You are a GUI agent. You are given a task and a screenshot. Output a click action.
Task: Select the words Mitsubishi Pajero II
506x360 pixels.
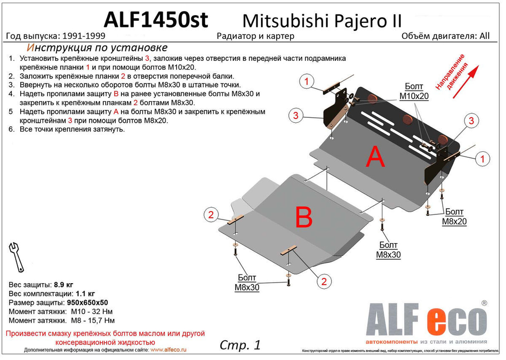pos(322,20)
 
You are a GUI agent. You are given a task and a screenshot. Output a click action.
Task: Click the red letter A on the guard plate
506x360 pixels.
pos(375,158)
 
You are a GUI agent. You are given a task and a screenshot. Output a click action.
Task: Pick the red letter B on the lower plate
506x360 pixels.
pos(304,218)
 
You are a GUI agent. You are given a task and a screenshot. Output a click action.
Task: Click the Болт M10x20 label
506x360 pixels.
pos(413,91)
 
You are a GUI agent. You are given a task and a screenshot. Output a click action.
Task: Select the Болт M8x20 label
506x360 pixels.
pos(454,216)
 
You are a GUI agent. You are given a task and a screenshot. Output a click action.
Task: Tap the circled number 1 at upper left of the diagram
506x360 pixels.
pos(307,81)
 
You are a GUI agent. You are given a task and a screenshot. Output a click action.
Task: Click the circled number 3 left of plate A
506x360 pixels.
pos(297,116)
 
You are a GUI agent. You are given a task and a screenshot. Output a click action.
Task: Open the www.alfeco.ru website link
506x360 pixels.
pos(169,350)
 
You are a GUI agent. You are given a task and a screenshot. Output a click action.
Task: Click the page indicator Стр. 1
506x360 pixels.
pos(240,345)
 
